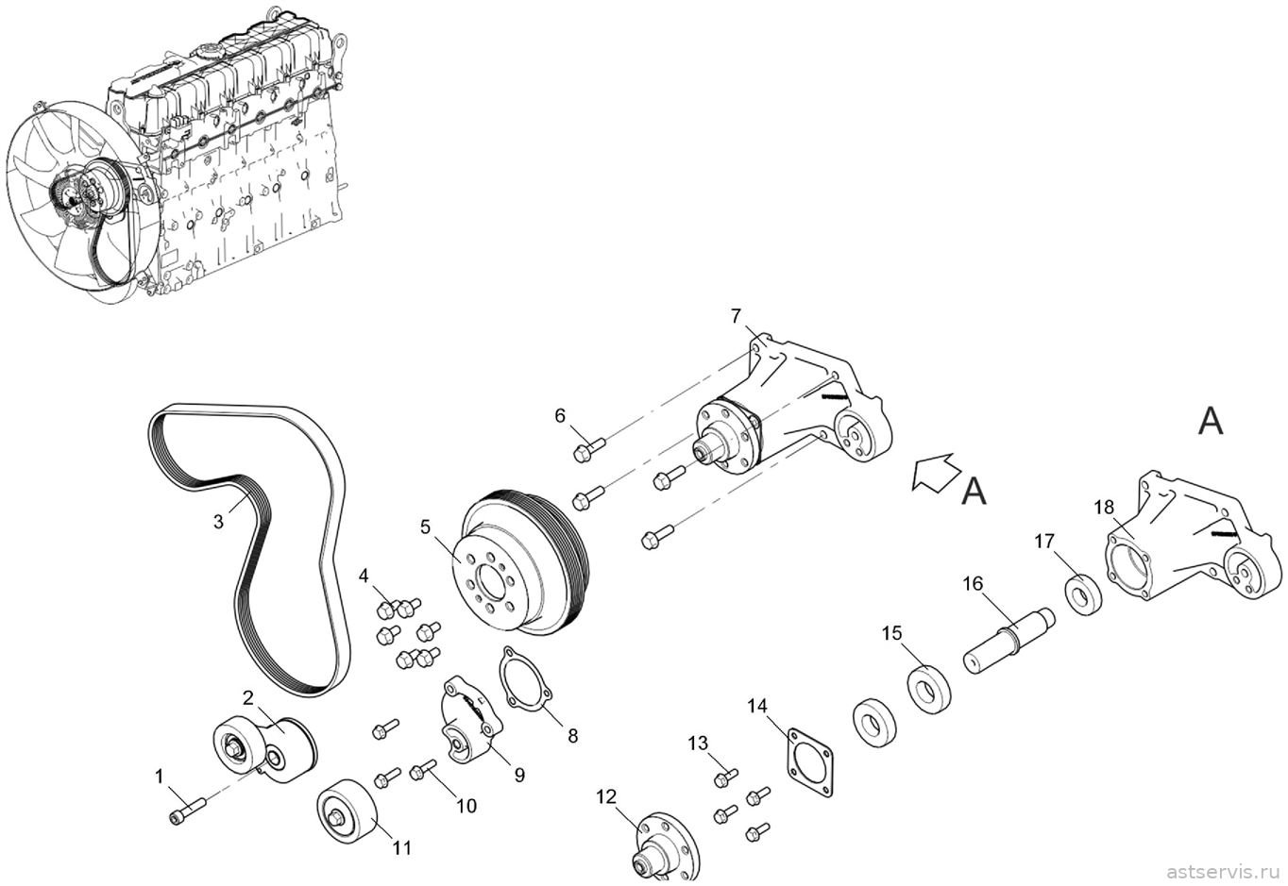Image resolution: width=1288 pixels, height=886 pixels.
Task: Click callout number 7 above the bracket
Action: click(x=736, y=315)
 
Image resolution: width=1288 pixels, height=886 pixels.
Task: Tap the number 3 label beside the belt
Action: click(x=218, y=522)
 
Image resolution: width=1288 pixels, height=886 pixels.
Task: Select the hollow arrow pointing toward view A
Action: click(x=936, y=473)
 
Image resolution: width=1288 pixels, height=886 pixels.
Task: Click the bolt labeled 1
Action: click(x=188, y=809)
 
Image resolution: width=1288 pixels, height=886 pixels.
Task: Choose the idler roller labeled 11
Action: click(x=347, y=811)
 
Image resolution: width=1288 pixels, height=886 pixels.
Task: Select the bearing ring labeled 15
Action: click(x=928, y=689)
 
